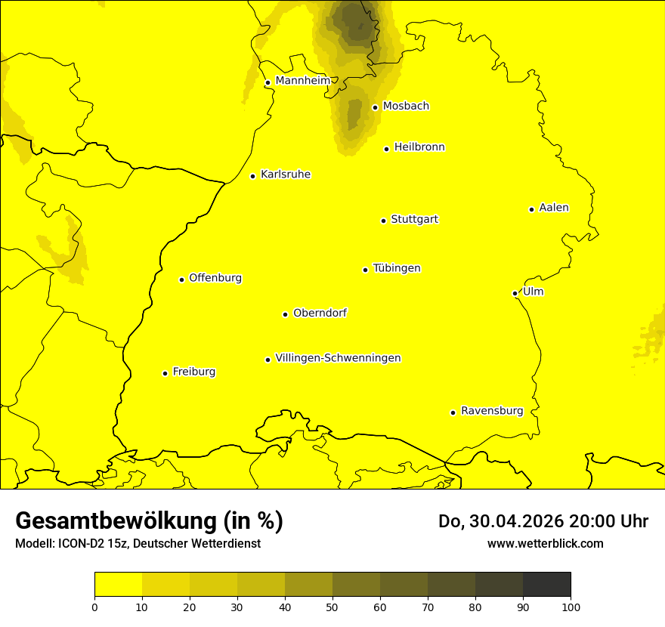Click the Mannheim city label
point(302,80)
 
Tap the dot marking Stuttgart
point(384,221)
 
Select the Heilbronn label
point(419,147)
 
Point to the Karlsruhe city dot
point(253,176)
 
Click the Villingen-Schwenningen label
point(338,358)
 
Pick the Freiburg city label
point(193,372)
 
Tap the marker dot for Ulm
point(515,293)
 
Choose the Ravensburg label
point(492,411)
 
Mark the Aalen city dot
point(532,209)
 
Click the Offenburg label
point(215,278)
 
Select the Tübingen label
point(397,268)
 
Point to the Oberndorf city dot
point(286,314)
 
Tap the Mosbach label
point(406,107)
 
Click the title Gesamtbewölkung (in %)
point(149,520)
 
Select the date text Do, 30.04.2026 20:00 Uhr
point(543,521)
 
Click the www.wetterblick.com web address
point(545,543)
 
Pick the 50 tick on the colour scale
point(332,606)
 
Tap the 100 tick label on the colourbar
point(571,606)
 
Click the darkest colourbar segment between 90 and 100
point(546,584)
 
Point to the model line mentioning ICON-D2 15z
point(138,543)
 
